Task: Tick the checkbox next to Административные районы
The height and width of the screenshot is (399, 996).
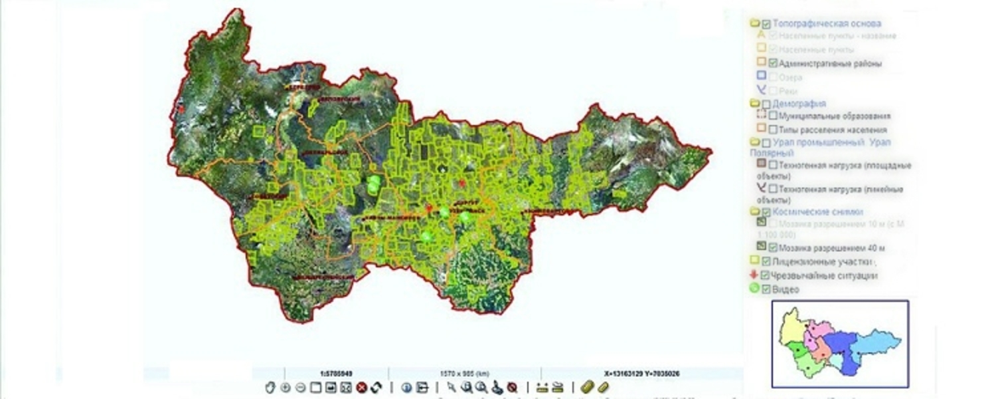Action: pos(773,64)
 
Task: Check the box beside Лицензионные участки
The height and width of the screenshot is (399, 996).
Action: pos(766,262)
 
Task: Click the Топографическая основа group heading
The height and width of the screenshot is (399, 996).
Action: pos(827,24)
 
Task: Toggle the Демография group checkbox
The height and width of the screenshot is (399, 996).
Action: pos(766,104)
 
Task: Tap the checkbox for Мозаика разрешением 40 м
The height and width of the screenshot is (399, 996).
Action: pos(773,248)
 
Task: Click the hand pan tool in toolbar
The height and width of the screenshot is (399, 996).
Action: pos(270,388)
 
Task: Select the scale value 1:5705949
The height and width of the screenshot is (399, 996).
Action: pos(336,374)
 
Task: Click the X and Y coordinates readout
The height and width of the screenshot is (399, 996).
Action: pos(641,374)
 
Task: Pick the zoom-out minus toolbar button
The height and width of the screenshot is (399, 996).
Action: pos(300,388)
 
